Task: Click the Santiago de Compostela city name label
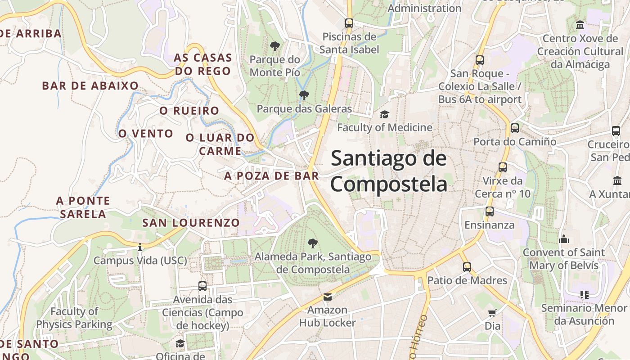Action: pos(389,171)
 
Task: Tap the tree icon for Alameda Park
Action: pos(312,243)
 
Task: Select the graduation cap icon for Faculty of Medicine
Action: pos(384,115)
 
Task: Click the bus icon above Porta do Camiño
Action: pos(515,128)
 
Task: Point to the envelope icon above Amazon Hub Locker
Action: pos(327,297)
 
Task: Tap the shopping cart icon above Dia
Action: pos(492,313)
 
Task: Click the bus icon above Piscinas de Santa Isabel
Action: pos(349,23)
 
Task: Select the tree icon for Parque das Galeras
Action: pos(304,95)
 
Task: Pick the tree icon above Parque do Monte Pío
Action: pos(274,46)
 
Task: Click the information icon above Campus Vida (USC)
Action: pos(140,247)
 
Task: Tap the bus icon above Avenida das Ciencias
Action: pos(202,286)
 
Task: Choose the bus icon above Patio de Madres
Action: pos(467,267)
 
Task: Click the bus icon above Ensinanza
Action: pos(489,211)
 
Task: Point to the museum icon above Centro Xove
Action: pos(580,25)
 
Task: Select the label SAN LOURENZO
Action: pos(191,223)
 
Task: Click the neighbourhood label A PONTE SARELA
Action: pos(83,207)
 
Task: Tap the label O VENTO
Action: pos(146,134)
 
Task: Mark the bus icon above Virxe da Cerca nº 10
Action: pos(503,167)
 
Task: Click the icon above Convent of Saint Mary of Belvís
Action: pos(564,239)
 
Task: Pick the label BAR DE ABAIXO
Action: pos(90,86)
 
